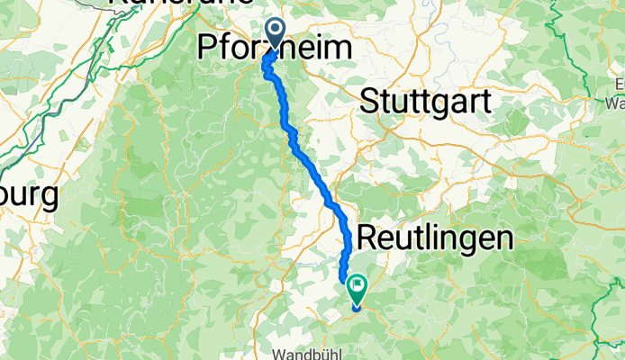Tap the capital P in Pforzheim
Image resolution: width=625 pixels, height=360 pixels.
tap(206, 49)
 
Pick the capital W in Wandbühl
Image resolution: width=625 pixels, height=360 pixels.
tap(283, 354)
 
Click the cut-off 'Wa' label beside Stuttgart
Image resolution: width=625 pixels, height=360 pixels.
tap(615, 102)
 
